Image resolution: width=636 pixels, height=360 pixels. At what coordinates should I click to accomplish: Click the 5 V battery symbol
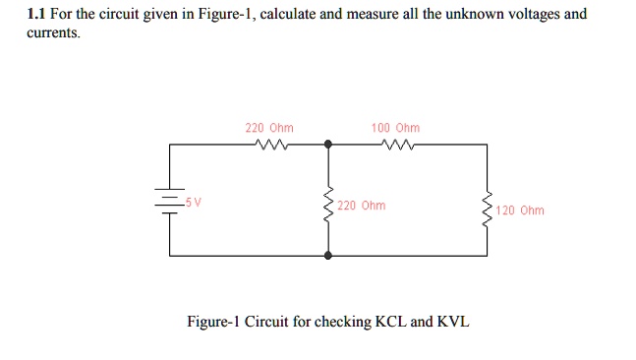point(170,203)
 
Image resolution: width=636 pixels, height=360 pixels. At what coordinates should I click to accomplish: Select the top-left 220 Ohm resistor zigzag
point(268,145)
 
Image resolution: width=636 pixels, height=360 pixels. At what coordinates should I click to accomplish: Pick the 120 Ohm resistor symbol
point(486,209)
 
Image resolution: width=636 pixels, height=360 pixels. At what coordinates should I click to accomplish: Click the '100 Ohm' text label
point(395,128)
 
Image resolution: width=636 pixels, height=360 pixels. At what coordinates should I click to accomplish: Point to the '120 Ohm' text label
point(520,210)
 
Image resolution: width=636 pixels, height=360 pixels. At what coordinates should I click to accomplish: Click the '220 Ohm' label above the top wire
point(268,128)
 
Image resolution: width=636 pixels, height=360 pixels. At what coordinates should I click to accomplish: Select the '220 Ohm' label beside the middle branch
point(361,206)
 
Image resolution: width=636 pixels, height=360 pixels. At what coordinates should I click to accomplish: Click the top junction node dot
point(327,145)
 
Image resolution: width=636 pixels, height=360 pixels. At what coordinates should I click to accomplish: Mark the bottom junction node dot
point(327,255)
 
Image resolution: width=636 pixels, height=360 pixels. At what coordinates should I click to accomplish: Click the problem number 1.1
point(36,15)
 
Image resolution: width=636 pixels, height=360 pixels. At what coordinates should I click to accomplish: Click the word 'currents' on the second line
point(51,32)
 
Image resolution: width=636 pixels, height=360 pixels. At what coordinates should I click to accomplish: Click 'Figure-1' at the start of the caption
point(212,322)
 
